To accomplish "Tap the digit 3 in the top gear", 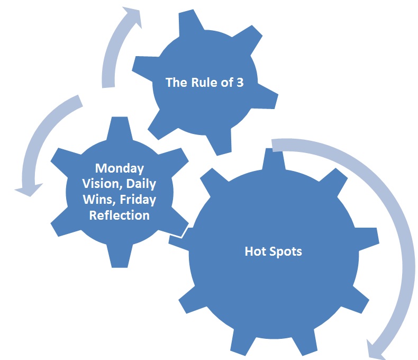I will [x=240, y=83].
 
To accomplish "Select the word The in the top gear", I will [x=175, y=83].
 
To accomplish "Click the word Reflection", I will [x=120, y=215].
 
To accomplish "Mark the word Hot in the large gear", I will [x=255, y=251].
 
